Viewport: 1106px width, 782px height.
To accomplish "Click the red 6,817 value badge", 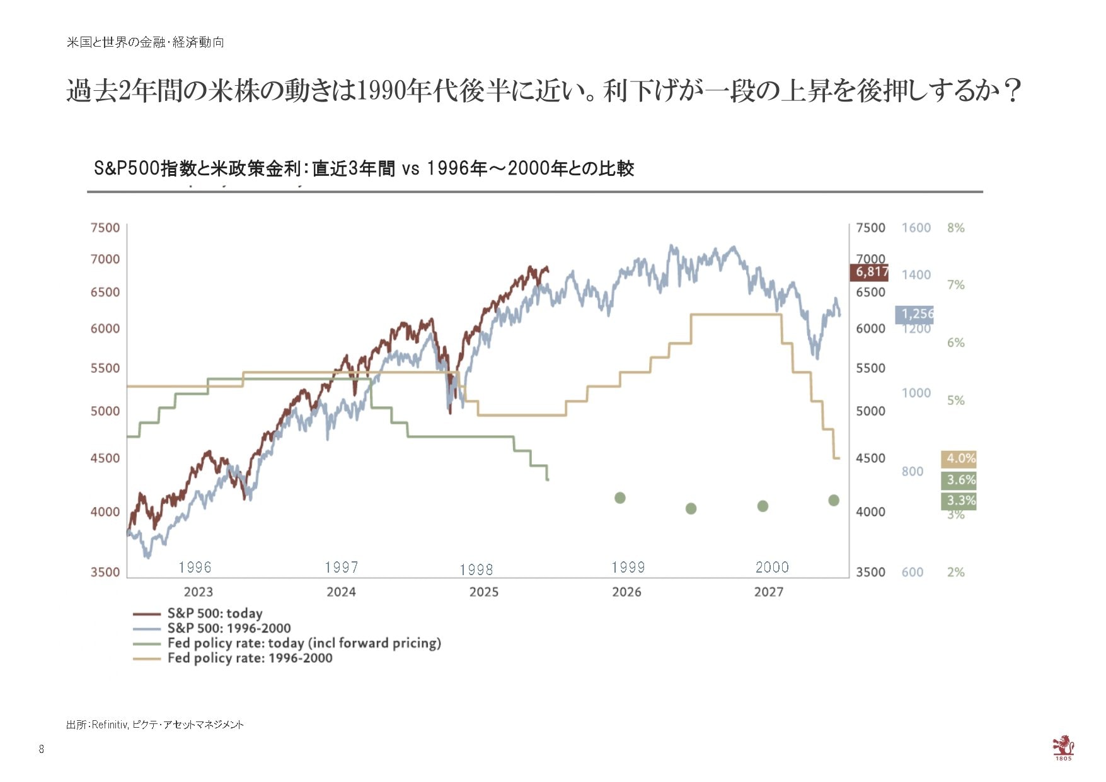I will point(869,272).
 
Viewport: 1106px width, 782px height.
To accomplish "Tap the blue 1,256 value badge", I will point(914,313).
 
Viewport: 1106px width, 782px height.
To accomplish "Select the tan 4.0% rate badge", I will point(959,458).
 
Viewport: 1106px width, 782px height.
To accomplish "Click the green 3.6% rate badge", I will point(959,480).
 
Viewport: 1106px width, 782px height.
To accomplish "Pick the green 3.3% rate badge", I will point(959,501).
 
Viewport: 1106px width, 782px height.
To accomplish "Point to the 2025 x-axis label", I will point(483,592).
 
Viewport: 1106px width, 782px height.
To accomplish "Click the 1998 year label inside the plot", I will point(476,570).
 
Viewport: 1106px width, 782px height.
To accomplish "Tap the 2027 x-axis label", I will point(769,592).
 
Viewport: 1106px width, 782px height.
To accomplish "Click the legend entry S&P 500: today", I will point(214,614).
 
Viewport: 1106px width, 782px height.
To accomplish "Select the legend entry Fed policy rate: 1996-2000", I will point(250,658).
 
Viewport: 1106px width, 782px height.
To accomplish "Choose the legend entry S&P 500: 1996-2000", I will point(229,629).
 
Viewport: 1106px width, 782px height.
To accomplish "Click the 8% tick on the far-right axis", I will point(955,228).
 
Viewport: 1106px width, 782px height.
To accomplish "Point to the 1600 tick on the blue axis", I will point(916,228).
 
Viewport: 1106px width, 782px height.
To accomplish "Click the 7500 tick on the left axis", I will point(105,228).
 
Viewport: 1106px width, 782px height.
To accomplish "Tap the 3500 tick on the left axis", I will point(105,573).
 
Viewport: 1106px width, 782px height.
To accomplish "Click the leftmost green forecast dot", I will point(620,498).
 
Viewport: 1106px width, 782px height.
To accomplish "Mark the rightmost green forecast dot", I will point(834,501).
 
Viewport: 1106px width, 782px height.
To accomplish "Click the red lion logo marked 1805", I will point(1063,747).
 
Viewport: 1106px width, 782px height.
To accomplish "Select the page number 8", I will point(42,749).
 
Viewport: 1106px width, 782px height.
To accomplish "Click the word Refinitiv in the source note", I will point(110,725).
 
